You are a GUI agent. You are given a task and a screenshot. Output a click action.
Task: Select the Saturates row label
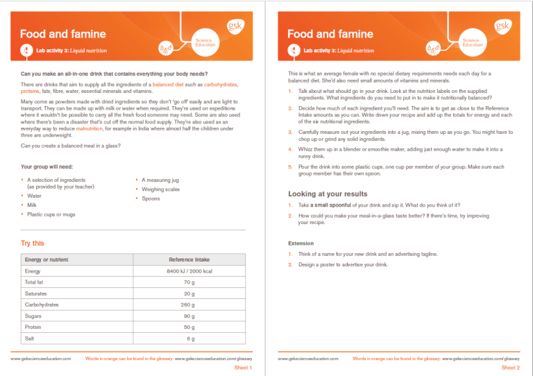click(x=36, y=293)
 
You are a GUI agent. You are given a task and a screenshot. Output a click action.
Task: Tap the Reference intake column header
click(x=189, y=259)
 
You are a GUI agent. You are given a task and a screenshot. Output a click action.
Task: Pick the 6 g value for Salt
click(x=190, y=338)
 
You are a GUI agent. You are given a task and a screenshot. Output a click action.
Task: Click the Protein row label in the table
click(x=33, y=327)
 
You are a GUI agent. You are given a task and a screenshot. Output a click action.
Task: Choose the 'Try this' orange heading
click(x=33, y=243)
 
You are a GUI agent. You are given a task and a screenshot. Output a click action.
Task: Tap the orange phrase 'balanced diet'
click(x=169, y=84)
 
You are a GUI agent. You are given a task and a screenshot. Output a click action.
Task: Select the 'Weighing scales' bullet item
click(x=160, y=189)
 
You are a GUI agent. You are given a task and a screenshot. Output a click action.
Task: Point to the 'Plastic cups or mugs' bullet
click(x=51, y=214)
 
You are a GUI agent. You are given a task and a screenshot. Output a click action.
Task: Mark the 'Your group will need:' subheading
click(x=47, y=166)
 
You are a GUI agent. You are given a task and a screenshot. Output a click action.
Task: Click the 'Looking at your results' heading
click(x=328, y=194)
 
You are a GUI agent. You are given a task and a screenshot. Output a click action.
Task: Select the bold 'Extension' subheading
click(x=301, y=243)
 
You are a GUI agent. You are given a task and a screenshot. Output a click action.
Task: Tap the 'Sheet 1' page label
click(x=243, y=368)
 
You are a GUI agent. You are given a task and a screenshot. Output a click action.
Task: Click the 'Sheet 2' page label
click(x=510, y=368)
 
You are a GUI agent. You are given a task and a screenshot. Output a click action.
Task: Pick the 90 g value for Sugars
click(x=189, y=316)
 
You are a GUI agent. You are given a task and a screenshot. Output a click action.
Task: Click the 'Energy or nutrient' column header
click(x=46, y=259)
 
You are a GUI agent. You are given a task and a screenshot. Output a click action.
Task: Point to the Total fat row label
click(x=34, y=282)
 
